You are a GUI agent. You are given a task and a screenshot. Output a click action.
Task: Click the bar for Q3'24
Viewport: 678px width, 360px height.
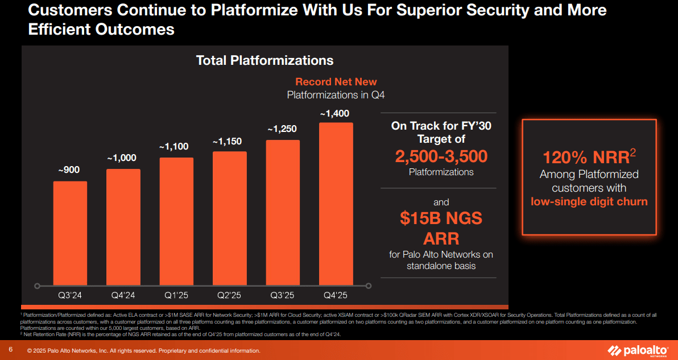pos(70,233)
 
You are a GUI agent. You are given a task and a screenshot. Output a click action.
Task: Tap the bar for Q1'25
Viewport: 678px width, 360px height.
pos(176,221)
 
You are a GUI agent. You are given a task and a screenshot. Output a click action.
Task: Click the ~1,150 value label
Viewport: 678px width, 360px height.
pos(229,142)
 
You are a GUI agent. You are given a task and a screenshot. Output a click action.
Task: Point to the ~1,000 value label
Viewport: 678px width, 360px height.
pos(123,159)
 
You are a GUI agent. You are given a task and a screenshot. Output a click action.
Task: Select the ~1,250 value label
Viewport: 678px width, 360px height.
pos(283,130)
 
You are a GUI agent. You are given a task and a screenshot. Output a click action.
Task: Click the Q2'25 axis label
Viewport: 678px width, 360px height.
pos(229,295)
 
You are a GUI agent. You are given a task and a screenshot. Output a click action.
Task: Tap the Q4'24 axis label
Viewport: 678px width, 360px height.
pos(123,295)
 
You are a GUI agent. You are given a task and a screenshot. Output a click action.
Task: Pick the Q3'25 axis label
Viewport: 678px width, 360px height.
pos(283,295)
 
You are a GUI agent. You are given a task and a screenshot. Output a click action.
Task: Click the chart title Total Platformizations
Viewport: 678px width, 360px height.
pos(264,60)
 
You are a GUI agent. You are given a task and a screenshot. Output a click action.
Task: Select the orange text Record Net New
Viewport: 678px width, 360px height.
pos(336,82)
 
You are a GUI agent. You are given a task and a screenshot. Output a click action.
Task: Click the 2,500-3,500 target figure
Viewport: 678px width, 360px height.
pos(441,156)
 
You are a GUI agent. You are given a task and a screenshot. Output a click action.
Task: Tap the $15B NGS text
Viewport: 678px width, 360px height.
pos(441,218)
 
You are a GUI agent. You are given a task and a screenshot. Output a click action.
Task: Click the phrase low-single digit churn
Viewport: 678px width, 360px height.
pos(589,201)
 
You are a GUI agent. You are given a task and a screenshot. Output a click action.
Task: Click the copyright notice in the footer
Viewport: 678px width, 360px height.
pos(144,351)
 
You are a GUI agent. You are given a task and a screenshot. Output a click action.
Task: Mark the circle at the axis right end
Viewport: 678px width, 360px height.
pos(369,285)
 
